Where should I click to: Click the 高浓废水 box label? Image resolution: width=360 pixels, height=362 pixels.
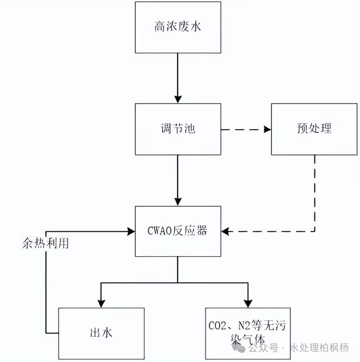point(178,27)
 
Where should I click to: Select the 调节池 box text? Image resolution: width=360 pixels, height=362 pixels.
point(178,129)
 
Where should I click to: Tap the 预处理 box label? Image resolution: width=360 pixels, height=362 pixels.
point(314,129)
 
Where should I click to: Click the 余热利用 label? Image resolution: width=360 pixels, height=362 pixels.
point(45,243)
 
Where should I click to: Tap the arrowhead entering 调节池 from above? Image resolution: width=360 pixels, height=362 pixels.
point(178,99)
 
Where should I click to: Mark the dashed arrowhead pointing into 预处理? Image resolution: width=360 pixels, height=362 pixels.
point(267,129)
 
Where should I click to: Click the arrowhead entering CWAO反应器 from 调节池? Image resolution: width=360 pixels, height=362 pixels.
point(178,202)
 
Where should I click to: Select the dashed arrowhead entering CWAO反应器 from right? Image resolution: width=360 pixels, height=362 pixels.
point(225,231)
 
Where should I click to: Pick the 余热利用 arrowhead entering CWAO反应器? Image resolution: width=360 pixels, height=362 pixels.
point(131,231)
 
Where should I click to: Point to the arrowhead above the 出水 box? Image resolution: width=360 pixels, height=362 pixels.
point(101,303)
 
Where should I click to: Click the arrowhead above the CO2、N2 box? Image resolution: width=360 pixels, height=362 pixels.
point(247,303)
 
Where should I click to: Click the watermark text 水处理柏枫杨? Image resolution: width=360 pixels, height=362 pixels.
point(320,348)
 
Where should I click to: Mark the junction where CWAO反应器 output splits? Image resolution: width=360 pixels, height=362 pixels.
point(178,283)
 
